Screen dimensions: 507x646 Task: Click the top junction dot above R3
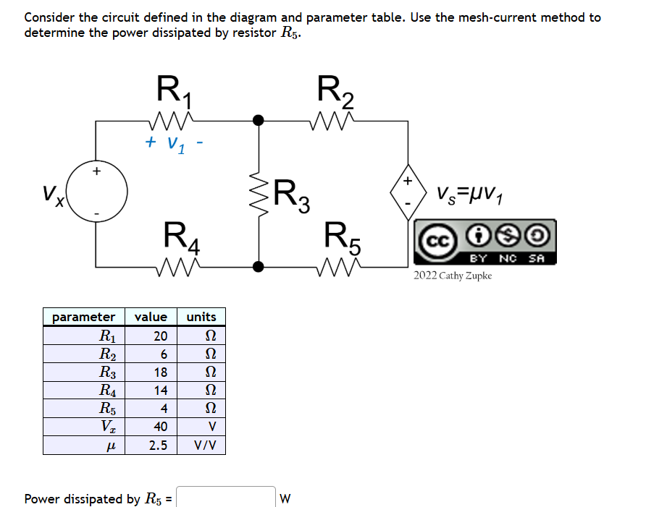pos(257,119)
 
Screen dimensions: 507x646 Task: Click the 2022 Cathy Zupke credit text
pos(453,276)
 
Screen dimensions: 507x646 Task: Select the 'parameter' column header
pos(84,317)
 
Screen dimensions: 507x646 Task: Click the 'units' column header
pos(201,317)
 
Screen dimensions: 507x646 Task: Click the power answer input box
pos(226,498)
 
